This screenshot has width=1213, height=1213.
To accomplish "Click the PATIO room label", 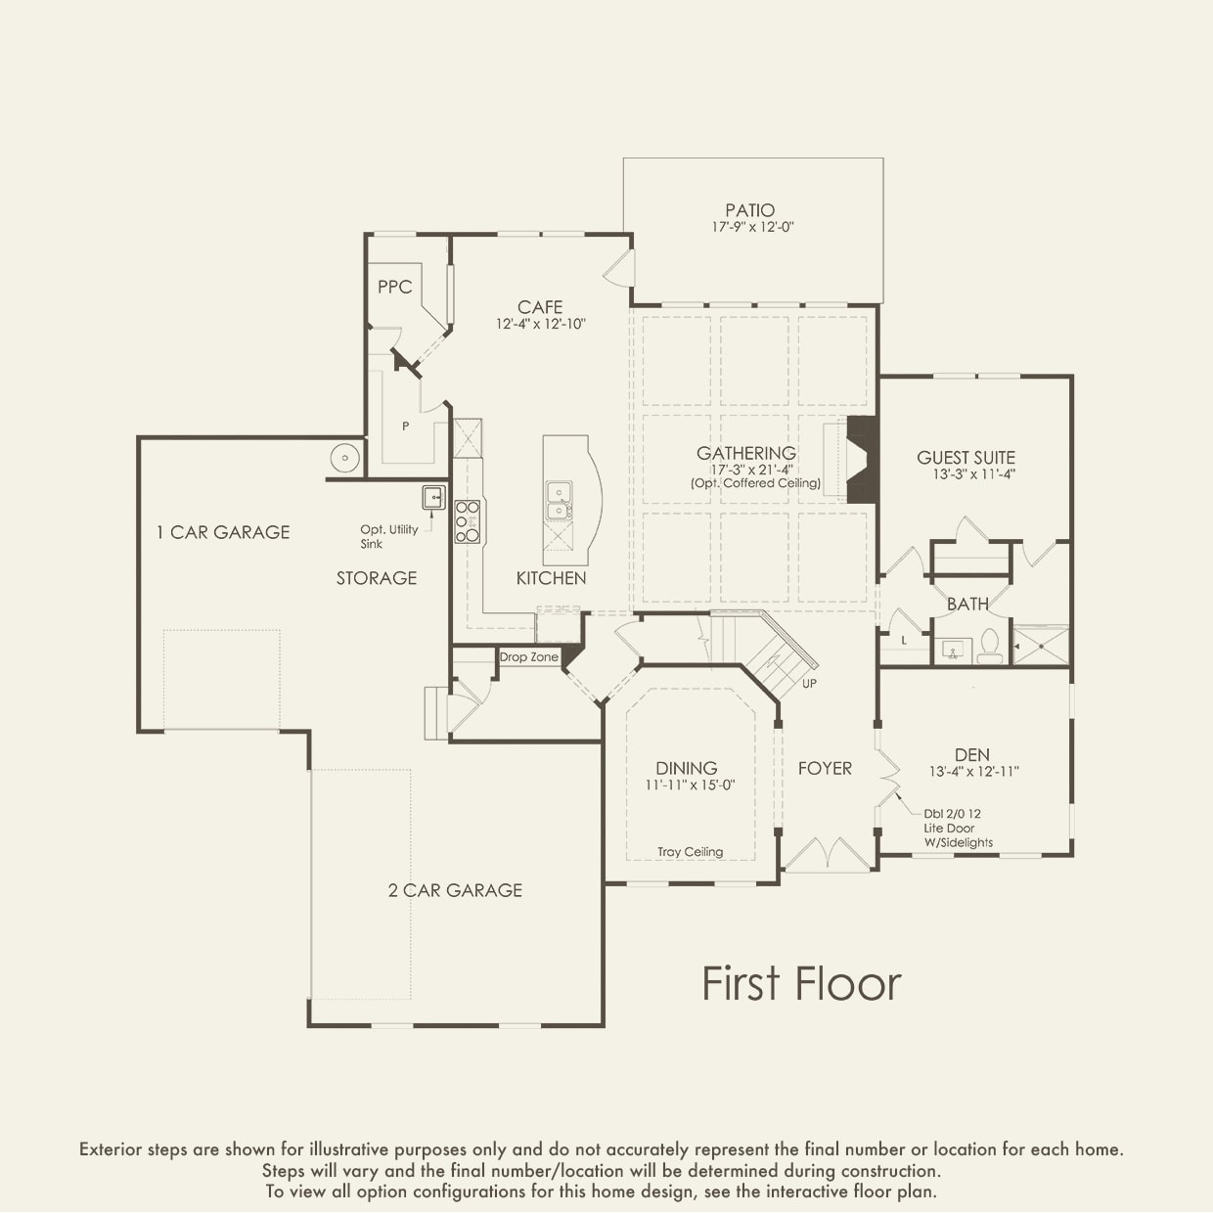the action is tap(749, 210).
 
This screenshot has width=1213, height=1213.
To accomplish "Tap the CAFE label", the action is tap(540, 307).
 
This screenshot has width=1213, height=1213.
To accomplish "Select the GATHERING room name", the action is tap(746, 453).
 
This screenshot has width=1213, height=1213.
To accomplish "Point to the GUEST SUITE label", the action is tap(966, 458).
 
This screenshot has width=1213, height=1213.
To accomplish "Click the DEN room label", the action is tap(972, 755).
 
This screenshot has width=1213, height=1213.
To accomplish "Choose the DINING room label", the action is tap(687, 768).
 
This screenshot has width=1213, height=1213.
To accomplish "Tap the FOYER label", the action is tap(825, 768).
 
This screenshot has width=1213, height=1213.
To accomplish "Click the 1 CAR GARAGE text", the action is tap(223, 532).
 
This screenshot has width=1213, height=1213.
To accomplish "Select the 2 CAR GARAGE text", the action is tap(455, 890).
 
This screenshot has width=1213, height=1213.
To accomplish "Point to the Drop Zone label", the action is tap(529, 657).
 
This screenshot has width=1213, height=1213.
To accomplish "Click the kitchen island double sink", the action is tap(559, 501).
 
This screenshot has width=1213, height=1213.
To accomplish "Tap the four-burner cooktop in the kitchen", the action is tap(468, 521).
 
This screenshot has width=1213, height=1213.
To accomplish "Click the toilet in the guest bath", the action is tap(990, 647).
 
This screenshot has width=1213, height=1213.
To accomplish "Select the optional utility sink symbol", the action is tap(433, 497).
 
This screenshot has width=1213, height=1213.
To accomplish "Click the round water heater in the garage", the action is tap(345, 458).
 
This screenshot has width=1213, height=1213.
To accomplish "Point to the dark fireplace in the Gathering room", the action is tap(861, 460).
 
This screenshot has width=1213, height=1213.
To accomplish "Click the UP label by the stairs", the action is tap(810, 683).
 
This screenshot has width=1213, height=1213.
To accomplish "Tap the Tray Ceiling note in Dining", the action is tap(691, 852).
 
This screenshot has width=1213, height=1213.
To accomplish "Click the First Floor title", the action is tap(801, 985).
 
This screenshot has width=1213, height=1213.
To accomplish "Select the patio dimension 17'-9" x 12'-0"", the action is tap(753, 227).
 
